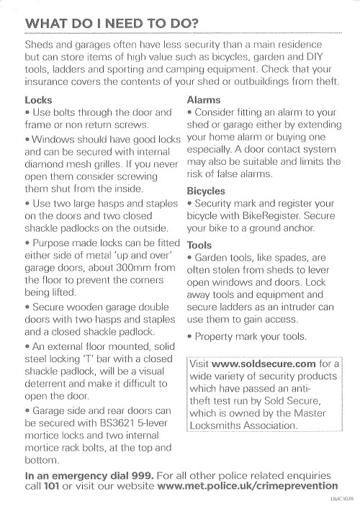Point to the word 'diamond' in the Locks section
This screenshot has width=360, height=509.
click(48, 162)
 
